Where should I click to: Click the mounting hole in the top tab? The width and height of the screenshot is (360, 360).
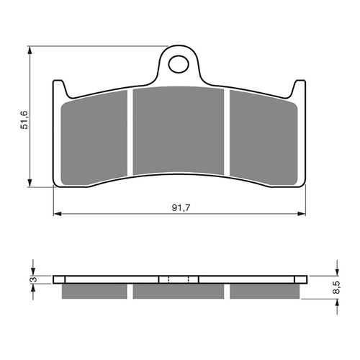point(177,65)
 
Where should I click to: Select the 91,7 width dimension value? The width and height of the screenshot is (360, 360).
point(177,207)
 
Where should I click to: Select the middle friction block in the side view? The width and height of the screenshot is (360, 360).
point(178,292)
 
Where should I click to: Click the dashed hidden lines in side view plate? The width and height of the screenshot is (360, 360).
point(178,280)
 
